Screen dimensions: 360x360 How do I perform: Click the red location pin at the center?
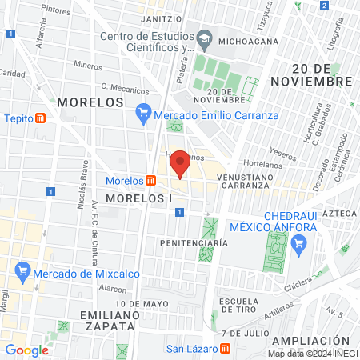[x=181, y=162]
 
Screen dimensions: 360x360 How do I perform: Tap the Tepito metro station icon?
[x=41, y=118]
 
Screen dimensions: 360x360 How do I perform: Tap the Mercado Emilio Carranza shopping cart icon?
[x=144, y=114]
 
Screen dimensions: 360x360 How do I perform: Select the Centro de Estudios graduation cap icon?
[x=206, y=39]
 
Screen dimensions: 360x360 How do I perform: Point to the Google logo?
[x=26, y=350]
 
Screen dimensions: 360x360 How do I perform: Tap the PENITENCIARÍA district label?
[x=189, y=242]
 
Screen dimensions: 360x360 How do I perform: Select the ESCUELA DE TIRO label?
[x=242, y=306]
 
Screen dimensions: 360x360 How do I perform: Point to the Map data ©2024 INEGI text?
[x=312, y=353]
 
